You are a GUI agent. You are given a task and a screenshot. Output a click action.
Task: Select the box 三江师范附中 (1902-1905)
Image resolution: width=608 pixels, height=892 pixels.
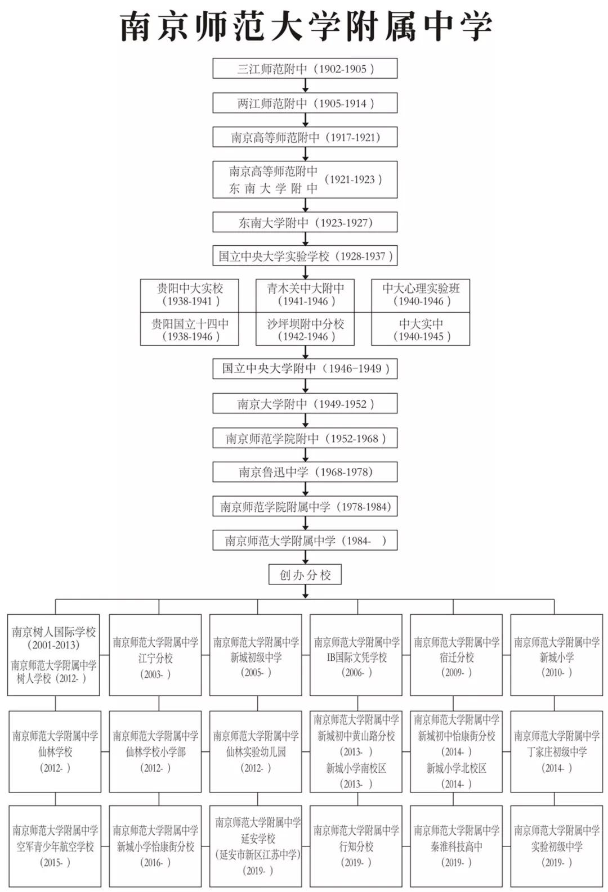tap(305, 69)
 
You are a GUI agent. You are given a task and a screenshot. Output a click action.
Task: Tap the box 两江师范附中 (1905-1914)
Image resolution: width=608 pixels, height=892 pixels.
tap(305, 103)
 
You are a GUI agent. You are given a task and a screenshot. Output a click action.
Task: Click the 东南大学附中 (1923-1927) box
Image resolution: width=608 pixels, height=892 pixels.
tap(305, 222)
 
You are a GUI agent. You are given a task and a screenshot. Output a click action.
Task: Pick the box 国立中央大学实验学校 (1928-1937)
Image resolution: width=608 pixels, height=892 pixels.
tap(305, 256)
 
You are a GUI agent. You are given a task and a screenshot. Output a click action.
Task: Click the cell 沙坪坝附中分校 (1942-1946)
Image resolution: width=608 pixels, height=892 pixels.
tap(305, 330)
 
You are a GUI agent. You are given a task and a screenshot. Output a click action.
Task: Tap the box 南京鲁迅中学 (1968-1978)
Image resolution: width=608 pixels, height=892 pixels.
tap(305, 472)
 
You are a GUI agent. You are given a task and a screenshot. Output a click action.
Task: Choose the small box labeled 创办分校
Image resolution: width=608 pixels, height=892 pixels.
tap(305, 575)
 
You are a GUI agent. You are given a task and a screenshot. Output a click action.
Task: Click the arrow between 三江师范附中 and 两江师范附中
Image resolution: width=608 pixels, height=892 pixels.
tap(305, 85)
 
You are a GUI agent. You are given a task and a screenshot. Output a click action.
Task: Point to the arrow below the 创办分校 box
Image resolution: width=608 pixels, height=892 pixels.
tap(305, 592)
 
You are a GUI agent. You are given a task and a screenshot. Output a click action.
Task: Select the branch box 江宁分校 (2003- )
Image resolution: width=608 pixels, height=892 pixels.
tap(155, 657)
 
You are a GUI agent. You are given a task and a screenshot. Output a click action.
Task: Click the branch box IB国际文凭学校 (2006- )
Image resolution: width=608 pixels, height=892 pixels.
tap(356, 657)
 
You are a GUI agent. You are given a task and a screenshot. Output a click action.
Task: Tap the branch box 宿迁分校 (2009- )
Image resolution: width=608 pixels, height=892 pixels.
tap(457, 657)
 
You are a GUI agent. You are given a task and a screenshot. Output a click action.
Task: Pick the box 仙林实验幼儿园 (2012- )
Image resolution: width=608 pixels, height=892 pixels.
tap(256, 751)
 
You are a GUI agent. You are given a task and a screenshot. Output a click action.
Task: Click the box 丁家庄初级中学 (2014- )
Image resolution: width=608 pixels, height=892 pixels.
tap(557, 751)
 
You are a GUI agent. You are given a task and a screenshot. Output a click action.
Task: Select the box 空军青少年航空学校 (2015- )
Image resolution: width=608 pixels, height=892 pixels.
tap(55, 845)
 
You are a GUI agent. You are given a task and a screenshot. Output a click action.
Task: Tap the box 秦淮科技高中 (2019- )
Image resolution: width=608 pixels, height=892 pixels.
tap(457, 845)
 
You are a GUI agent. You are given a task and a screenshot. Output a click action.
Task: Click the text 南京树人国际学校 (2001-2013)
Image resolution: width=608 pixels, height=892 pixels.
tap(54, 638)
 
